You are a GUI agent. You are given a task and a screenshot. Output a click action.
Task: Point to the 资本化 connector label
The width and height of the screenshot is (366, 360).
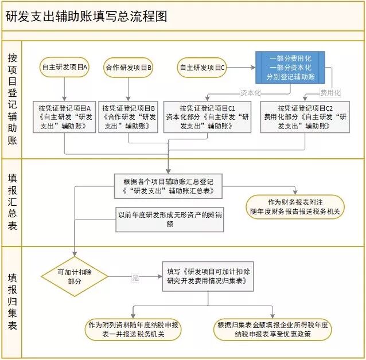(x=250, y=92)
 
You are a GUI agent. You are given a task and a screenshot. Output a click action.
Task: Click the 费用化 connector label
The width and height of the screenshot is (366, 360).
(x=330, y=92)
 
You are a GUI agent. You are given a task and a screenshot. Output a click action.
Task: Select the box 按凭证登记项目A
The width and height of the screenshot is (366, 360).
(x=65, y=117)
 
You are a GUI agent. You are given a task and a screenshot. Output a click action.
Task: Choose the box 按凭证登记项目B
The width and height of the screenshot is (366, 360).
(x=129, y=117)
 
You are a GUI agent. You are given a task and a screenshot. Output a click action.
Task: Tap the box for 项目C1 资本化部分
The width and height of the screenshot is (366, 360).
(x=207, y=117)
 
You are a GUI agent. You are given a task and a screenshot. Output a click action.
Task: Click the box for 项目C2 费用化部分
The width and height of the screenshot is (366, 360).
(x=305, y=117)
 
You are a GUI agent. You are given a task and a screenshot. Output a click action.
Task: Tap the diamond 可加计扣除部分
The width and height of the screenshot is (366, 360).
(x=75, y=277)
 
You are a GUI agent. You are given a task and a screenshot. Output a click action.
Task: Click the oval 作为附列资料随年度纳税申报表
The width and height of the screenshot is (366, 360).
(x=133, y=329)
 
